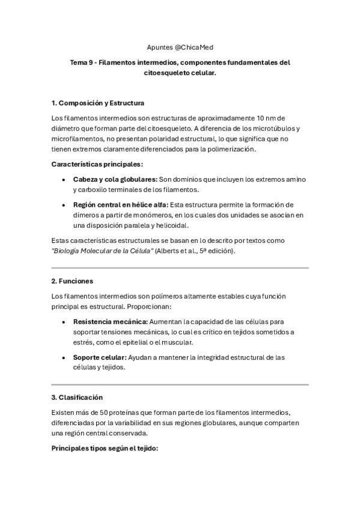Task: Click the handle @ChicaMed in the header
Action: [196, 46]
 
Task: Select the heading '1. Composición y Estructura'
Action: [98, 103]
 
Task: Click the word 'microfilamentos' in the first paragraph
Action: [75, 138]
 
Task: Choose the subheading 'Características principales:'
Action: [97, 164]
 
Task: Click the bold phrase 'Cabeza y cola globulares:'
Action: [115, 179]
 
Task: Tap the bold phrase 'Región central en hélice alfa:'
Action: [121, 204]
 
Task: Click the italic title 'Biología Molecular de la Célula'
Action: [102, 250]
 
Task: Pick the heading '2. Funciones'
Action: [72, 281]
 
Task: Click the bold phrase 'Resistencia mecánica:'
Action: [110, 322]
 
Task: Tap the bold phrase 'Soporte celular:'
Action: [100, 357]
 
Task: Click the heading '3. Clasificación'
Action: [77, 398]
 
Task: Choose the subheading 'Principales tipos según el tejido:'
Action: [104, 448]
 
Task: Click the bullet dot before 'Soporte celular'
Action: [64, 358]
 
